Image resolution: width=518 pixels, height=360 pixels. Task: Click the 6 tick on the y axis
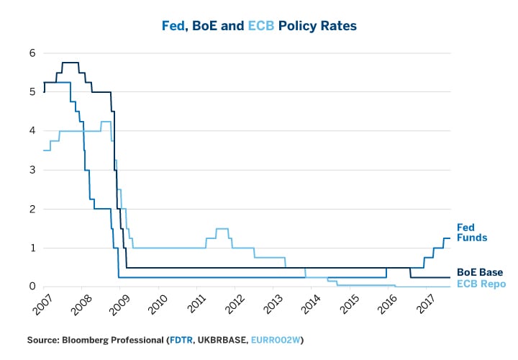(x=32, y=53)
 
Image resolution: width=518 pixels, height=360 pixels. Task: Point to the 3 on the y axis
(x=32, y=170)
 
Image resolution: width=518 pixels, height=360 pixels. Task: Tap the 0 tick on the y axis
(x=32, y=287)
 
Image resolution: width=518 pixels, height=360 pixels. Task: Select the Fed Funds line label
(x=473, y=232)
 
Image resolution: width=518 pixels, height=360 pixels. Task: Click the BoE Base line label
(x=481, y=272)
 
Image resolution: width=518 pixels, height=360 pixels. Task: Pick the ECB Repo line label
(x=481, y=284)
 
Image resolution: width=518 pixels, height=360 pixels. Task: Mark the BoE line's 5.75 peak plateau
(x=71, y=63)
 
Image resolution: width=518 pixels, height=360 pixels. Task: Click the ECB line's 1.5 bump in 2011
(x=222, y=228)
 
